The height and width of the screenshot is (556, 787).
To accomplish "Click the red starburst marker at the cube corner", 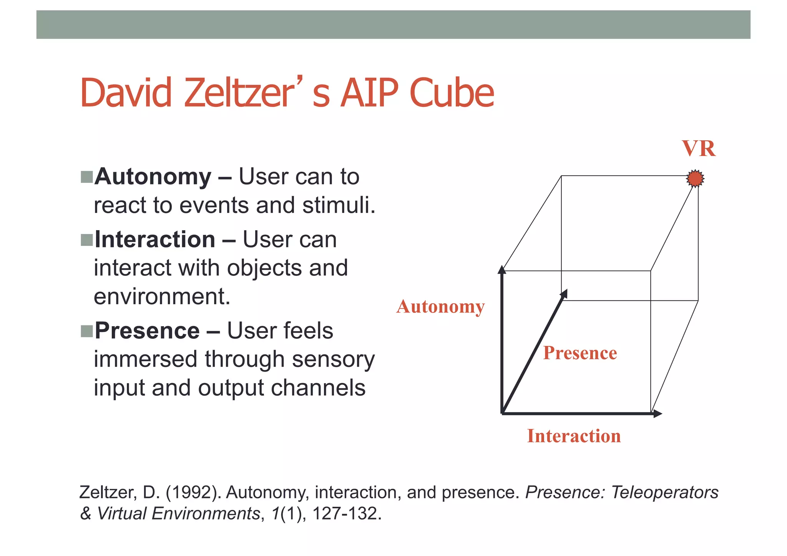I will point(695,178).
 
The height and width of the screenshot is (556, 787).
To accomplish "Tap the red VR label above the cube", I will point(699,149).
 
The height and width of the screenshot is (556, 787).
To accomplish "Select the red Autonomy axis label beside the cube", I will point(440,307).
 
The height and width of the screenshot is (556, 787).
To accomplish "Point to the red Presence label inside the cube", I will point(579,353).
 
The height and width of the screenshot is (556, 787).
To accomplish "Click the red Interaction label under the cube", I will point(574,436).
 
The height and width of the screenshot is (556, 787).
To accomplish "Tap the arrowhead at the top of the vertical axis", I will point(502,270).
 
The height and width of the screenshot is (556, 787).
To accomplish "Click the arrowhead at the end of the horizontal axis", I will point(657,414).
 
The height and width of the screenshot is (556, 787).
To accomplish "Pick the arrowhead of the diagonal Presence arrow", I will point(564,294).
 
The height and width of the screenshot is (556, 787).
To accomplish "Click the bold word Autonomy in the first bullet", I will point(153,177).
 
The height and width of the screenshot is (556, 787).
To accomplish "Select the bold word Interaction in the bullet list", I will point(155,239).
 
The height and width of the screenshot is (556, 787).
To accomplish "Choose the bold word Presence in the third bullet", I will point(147,330).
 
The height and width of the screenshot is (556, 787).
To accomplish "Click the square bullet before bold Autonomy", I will point(87,177).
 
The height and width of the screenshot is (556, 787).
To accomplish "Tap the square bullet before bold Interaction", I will point(87,240).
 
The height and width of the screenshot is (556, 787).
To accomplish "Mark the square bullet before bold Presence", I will point(87,331).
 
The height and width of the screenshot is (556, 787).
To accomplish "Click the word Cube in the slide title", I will point(452,93).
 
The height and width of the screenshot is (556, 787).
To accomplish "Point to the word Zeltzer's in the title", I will point(257,93).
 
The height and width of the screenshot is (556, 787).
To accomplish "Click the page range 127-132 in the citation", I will point(345,513).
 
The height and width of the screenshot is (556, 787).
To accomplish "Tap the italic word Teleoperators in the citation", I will point(664,492).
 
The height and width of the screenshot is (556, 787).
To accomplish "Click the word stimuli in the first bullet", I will point(338,205).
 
